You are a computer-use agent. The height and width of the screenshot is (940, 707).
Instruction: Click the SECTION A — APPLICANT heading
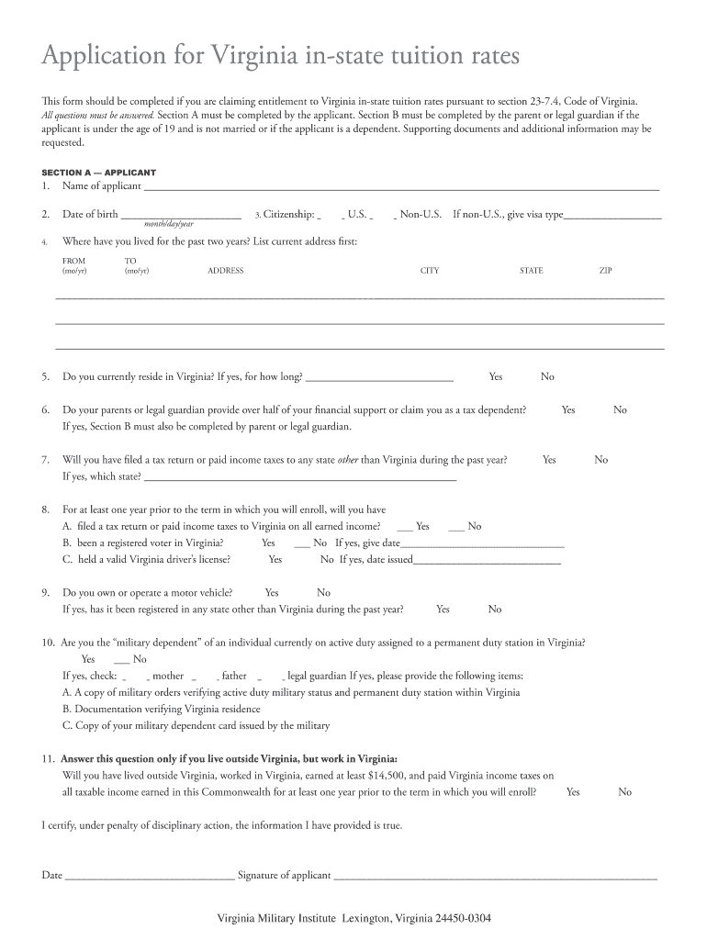(x=99, y=172)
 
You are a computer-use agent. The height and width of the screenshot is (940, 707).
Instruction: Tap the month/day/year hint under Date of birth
(x=169, y=225)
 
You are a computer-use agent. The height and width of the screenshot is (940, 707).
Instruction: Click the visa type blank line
(x=612, y=217)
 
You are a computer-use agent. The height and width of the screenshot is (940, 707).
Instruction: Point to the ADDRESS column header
(x=225, y=271)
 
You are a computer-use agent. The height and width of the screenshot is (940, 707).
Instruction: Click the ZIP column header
(x=605, y=271)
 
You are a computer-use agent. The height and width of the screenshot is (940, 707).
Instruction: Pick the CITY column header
(x=430, y=271)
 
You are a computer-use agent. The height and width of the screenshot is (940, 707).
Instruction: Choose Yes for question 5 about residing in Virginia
(x=496, y=377)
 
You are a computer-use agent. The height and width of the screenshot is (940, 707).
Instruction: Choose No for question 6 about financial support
(x=621, y=410)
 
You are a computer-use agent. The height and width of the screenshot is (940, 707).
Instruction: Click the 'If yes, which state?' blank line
(x=300, y=477)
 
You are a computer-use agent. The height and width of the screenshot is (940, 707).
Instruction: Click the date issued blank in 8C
(x=487, y=560)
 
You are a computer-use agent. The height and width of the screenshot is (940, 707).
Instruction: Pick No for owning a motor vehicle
(x=323, y=593)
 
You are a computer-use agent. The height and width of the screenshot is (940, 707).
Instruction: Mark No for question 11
(x=625, y=792)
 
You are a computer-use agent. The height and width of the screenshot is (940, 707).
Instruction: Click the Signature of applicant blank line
(x=496, y=876)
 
